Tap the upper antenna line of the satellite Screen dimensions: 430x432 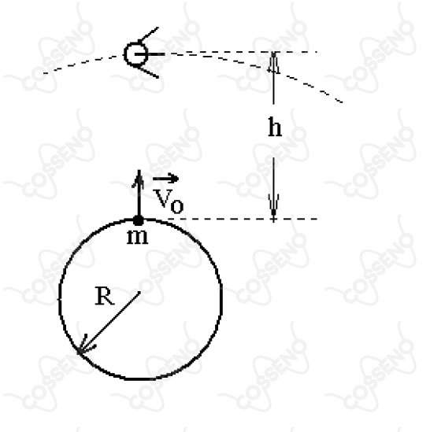click(x=148, y=34)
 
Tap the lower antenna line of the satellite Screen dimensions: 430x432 click(x=146, y=72)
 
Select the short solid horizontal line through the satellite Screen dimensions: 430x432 click(x=150, y=54)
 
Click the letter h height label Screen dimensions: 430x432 click(x=275, y=127)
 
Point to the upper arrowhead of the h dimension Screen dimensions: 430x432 click(x=273, y=62)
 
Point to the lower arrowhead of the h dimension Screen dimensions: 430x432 click(x=273, y=208)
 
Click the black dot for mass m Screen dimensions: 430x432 click(x=138, y=220)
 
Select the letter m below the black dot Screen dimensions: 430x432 click(x=137, y=237)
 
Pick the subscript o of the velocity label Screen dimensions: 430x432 click(x=177, y=206)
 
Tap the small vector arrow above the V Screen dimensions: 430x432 click(x=165, y=179)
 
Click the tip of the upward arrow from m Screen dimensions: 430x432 click(x=139, y=170)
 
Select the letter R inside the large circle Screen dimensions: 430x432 click(x=104, y=296)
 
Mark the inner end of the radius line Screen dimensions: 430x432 click(x=140, y=292)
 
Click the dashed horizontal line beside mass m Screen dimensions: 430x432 click(x=243, y=219)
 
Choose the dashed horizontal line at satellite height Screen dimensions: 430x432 click(x=240, y=51)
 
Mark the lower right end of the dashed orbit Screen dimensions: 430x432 click(x=342, y=102)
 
